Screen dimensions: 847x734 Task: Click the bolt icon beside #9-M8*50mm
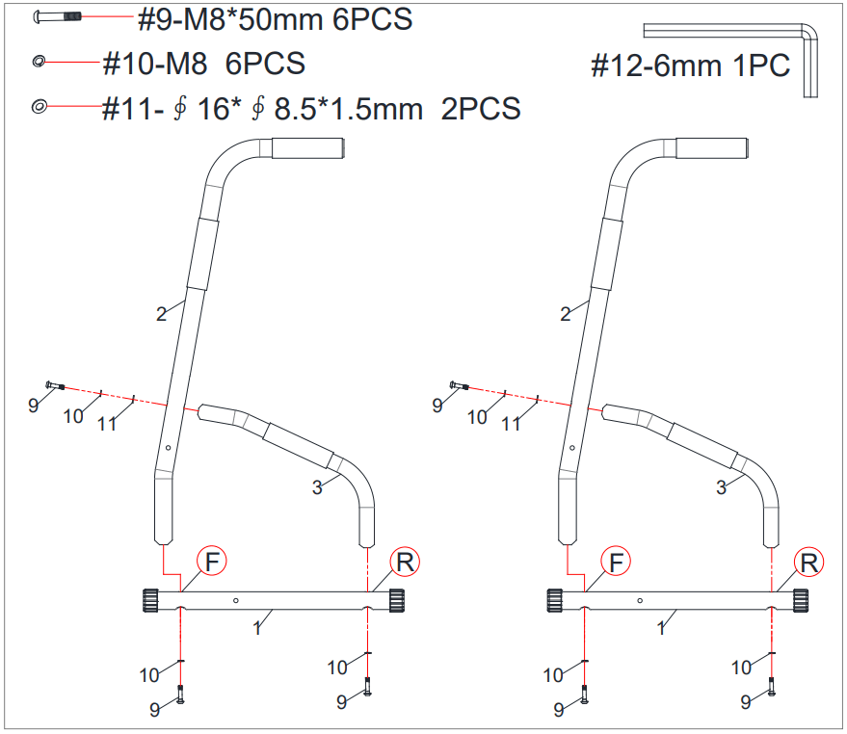click(x=57, y=17)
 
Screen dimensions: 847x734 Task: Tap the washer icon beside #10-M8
click(x=39, y=62)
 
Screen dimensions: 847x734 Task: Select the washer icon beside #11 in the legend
click(x=40, y=106)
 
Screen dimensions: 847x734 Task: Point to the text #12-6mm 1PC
click(x=690, y=66)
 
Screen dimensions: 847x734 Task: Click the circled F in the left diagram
click(x=212, y=562)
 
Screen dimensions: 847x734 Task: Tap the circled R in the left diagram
click(x=405, y=562)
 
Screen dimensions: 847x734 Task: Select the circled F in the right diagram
click(x=616, y=562)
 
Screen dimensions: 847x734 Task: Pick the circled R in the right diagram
click(x=808, y=562)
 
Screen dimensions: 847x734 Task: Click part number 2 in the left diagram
click(x=161, y=314)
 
